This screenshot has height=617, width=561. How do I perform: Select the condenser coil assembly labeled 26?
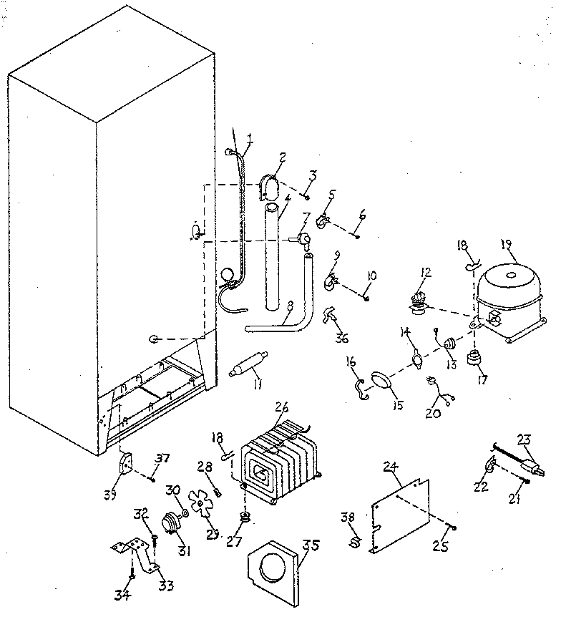pyautogui.click(x=278, y=453)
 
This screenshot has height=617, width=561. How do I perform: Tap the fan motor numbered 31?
pyautogui.click(x=171, y=525)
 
